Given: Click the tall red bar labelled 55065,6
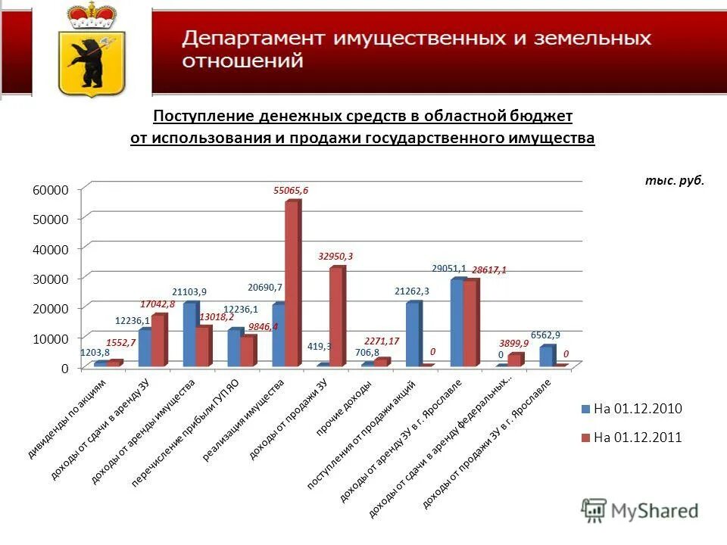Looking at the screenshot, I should [x=292, y=284].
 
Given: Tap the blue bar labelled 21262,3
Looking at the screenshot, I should [x=413, y=334].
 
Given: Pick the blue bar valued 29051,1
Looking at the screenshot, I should [x=457, y=322].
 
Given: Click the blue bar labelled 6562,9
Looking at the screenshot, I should [x=547, y=356].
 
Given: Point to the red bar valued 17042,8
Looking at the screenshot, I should [x=158, y=340].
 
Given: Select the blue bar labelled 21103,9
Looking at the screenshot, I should [x=189, y=334].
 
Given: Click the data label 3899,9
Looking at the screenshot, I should [x=513, y=343].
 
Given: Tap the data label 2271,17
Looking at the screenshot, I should [x=381, y=340].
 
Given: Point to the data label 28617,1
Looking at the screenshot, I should [x=488, y=269].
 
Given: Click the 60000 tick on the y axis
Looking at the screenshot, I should [x=50, y=188].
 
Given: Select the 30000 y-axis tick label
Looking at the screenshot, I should [x=50, y=278].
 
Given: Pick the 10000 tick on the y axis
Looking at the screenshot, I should [x=50, y=338].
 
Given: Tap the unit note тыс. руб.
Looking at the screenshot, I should [x=674, y=180].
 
